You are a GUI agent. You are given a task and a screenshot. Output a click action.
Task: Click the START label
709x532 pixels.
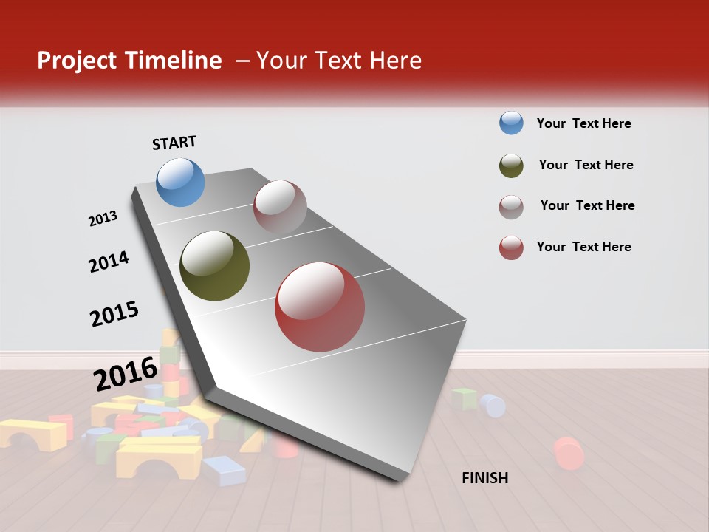tap(174, 143)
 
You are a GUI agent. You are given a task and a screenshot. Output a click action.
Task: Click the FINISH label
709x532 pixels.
tap(485, 478)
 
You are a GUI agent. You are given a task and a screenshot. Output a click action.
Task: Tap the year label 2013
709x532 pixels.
tap(103, 219)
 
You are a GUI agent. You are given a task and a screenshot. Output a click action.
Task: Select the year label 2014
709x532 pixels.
tap(109, 262)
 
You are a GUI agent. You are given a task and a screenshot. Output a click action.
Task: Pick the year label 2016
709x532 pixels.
tap(126, 373)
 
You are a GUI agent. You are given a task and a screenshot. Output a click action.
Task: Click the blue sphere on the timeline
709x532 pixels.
tap(181, 182)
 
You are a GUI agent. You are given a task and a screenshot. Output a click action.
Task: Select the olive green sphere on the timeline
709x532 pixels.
tap(214, 266)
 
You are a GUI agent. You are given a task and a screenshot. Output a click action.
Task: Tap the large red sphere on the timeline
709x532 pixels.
tap(320, 307)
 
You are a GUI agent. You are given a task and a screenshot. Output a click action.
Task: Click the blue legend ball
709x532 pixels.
tap(511, 123)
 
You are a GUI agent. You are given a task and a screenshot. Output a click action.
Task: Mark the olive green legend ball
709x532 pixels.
tap(511, 165)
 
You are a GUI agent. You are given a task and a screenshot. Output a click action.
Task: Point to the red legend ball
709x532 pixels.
tap(511, 248)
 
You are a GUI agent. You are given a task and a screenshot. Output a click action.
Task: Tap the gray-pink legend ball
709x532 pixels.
tap(511, 206)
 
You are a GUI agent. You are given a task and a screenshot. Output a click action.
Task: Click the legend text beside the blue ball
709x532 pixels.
tap(584, 124)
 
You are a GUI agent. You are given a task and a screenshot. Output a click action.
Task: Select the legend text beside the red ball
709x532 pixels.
tap(584, 247)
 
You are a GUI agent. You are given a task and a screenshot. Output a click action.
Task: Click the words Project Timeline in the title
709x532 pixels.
tap(129, 61)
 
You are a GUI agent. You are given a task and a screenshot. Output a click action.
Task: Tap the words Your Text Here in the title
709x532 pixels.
tap(339, 61)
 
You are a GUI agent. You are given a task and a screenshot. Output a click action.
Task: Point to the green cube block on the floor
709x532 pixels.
tap(464, 399)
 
